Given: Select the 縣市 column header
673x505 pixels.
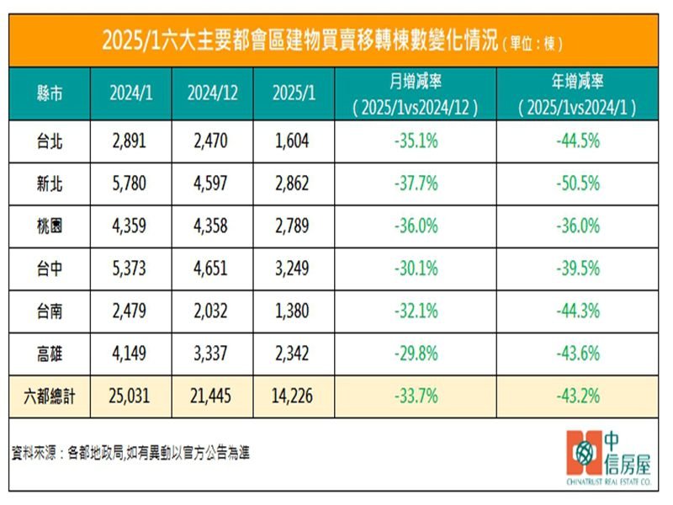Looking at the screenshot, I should point(50,93).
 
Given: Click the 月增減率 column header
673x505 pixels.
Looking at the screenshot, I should point(415,93).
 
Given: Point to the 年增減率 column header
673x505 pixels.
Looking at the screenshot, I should point(577,93).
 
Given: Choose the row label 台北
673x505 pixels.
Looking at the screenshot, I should point(50,141).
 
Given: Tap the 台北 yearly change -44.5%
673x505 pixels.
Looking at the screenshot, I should point(577,141).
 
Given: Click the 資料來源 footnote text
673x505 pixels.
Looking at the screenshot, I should point(131,452).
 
